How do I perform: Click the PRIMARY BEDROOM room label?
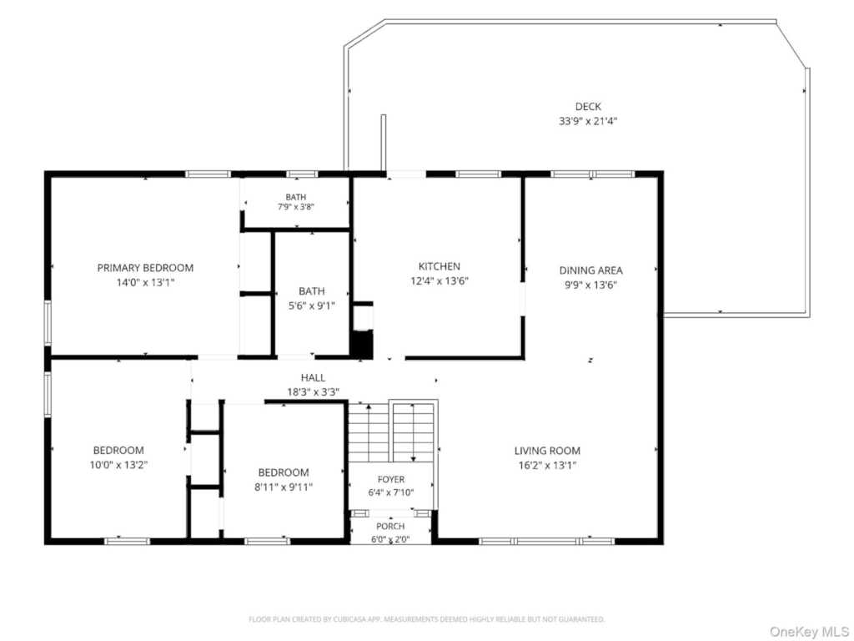click(145, 268)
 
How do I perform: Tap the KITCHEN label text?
click(439, 266)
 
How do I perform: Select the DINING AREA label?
click(591, 270)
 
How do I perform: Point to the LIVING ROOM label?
click(547, 451)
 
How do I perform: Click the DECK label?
click(588, 106)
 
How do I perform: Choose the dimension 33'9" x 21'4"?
click(588, 121)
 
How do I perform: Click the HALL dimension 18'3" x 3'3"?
click(314, 392)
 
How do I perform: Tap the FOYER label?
click(391, 479)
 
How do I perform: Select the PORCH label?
click(390, 526)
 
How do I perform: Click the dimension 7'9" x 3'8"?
click(296, 207)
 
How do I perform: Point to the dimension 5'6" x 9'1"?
click(312, 305)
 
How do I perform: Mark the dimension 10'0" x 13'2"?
click(118, 465)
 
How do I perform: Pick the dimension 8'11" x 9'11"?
click(284, 487)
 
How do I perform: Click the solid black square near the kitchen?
click(361, 345)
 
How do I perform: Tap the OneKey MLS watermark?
click(808, 631)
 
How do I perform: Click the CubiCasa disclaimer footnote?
click(426, 619)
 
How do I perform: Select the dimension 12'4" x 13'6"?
click(440, 281)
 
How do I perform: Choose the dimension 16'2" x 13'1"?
click(547, 466)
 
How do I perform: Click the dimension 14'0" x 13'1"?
click(145, 282)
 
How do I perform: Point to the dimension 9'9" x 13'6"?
click(591, 285)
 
